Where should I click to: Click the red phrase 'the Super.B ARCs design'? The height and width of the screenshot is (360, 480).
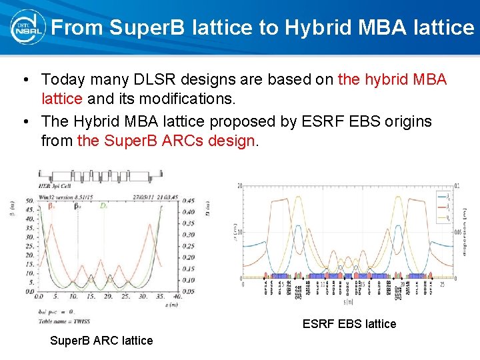tap(167, 141)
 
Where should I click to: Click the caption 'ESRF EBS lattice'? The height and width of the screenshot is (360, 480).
tap(349, 324)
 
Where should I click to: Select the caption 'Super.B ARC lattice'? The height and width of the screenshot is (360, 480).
tap(101, 341)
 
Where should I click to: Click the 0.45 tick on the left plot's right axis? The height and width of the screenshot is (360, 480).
tap(189, 201)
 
